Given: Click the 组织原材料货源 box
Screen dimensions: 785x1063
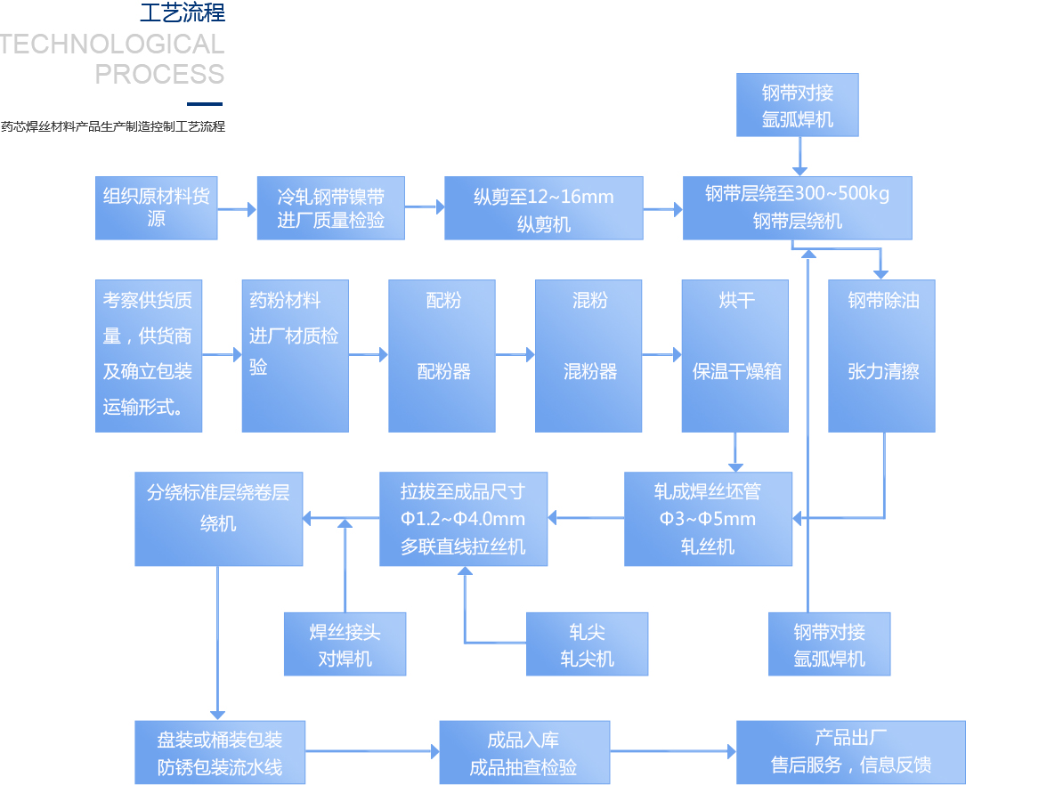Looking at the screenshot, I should (156, 208).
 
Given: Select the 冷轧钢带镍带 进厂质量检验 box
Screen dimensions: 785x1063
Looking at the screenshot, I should (330, 208).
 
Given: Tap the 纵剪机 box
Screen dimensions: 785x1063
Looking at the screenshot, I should (543, 208).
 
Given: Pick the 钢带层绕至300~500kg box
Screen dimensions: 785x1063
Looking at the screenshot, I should (797, 208).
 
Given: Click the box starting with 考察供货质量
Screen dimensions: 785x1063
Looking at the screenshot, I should (148, 356).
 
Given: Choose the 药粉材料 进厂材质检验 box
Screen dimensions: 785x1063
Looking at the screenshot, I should (295, 356).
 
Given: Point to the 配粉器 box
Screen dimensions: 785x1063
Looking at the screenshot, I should (442, 356).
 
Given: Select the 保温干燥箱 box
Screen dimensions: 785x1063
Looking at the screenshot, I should (734, 356).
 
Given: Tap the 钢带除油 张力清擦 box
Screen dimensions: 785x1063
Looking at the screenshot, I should (881, 356).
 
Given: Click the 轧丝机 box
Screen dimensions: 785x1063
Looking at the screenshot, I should (708, 519).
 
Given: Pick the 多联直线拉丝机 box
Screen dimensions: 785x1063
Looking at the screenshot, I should (463, 519).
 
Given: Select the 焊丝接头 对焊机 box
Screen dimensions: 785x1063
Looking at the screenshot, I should (345, 643).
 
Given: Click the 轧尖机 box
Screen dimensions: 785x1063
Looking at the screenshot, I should (587, 643).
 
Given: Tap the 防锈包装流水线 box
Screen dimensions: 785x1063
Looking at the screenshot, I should (220, 752).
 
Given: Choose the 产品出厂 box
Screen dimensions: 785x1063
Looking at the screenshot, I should (850, 752).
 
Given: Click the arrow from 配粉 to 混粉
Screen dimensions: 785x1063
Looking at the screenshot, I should (515, 355).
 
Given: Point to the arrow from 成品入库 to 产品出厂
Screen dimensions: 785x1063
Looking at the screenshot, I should (673, 752).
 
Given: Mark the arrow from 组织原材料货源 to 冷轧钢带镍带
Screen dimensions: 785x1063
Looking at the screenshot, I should (237, 210).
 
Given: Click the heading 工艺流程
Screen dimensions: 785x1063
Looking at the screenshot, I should (183, 12).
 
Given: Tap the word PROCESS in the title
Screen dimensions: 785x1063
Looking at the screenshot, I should (159, 74).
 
